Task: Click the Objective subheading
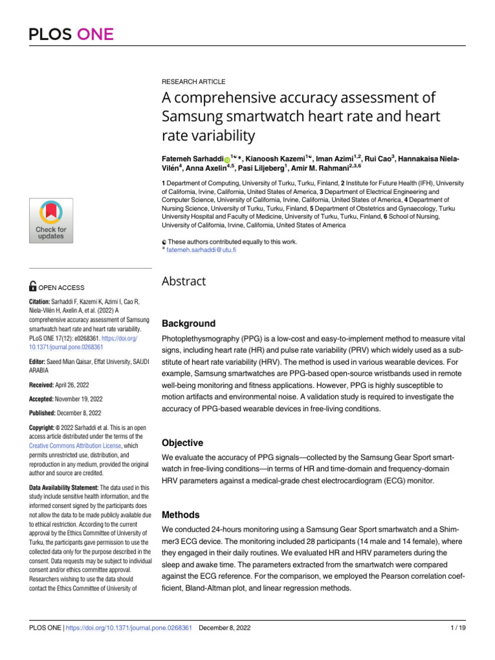pos(182,443)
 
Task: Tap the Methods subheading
pos(180,515)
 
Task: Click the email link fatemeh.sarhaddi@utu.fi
pos(202,249)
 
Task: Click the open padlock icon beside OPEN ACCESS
pos(34,287)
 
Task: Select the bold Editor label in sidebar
pos(40,344)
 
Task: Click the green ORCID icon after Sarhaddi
pos(227,159)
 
